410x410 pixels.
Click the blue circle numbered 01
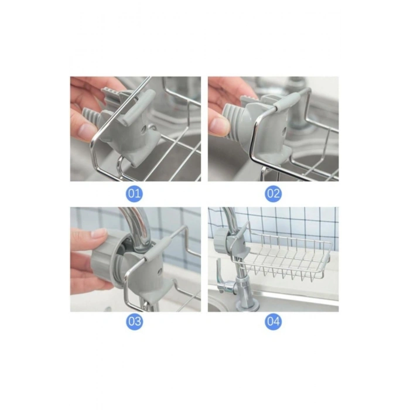[134, 194]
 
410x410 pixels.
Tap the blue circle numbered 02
[273, 194]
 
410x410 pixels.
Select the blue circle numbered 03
[134, 321]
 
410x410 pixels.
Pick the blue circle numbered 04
[273, 321]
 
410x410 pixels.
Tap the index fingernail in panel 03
[100, 232]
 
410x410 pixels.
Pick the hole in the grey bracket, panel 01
[143, 130]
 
